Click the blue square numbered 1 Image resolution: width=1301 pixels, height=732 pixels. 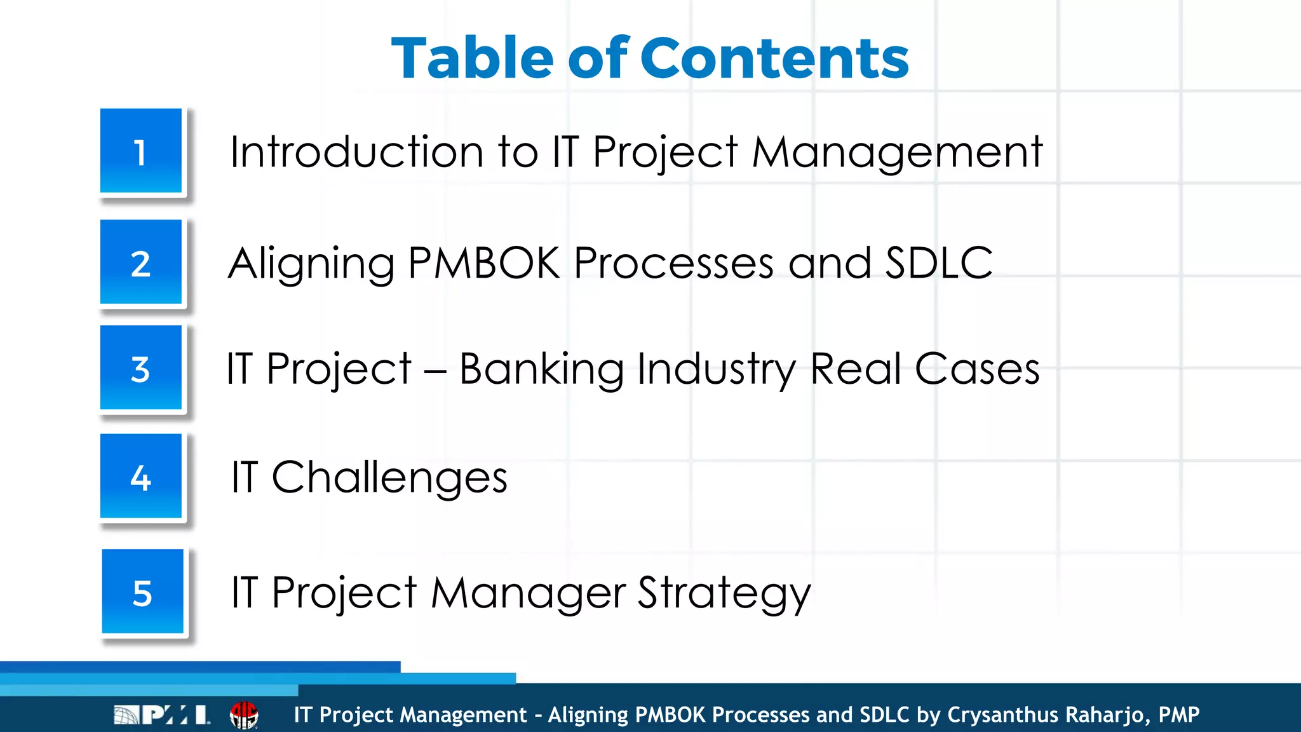[x=141, y=151]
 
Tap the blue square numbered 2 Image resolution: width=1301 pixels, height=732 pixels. [x=141, y=262]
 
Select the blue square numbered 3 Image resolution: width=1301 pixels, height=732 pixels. [x=141, y=368]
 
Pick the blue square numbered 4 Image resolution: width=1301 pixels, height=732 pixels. [x=141, y=476]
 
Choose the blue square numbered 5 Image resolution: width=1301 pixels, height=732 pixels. [x=143, y=592]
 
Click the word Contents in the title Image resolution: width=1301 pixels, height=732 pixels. [x=775, y=58]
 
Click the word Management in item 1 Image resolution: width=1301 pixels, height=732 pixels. [x=897, y=152]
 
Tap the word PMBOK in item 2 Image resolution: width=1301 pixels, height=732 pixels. [x=483, y=263]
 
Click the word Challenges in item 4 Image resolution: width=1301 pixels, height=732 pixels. [x=389, y=478]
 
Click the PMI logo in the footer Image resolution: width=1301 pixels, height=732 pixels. [x=161, y=715]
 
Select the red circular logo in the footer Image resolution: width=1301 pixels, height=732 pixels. [x=244, y=715]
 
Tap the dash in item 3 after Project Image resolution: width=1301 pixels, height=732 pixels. [x=435, y=371]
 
